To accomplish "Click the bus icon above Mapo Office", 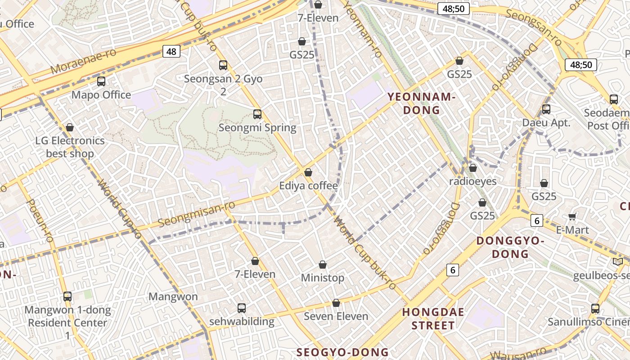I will [101, 81].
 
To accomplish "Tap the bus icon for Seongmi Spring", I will [257, 114].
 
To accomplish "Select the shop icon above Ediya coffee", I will [308, 172].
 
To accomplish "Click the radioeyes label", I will [473, 181].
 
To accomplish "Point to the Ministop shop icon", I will [322, 265].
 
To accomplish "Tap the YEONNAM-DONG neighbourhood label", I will [422, 103].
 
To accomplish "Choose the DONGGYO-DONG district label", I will [510, 247].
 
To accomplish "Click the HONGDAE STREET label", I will [433, 319].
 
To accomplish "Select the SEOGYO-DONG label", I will [342, 352].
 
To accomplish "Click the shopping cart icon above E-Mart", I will [572, 217].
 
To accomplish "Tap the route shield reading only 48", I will [171, 51].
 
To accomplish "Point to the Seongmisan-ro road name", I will [197, 214].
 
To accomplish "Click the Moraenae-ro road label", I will [83, 62].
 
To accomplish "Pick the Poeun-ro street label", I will [40, 220].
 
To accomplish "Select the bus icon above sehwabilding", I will [242, 308].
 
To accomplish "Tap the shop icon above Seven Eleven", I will [336, 303].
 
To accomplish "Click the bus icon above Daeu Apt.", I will [546, 109].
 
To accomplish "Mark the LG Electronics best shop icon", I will [70, 128].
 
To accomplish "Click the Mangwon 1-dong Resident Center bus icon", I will [67, 297].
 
